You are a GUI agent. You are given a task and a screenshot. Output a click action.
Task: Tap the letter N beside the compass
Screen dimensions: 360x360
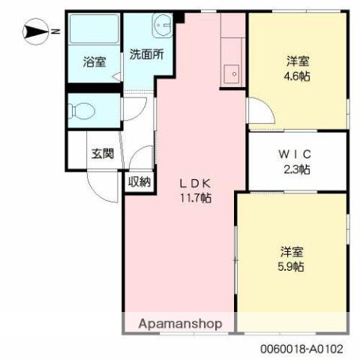point(55,31)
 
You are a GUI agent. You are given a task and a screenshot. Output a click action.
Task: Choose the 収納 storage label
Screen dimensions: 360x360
point(139,181)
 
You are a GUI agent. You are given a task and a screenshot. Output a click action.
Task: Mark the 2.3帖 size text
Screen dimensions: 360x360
point(297,169)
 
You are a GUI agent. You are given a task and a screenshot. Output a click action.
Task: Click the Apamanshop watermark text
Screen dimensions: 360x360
point(180,324)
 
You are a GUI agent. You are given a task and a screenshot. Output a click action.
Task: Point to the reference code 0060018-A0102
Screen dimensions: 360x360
point(303,349)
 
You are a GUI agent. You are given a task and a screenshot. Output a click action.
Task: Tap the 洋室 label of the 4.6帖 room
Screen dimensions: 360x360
point(297,59)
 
